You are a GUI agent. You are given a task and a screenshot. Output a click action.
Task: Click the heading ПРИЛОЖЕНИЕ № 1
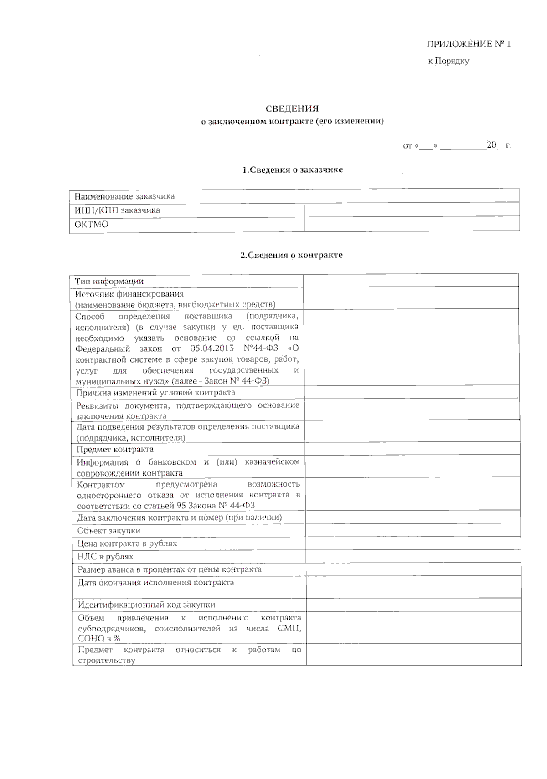click(468, 44)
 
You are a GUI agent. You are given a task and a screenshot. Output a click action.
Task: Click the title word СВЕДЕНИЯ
click(292, 108)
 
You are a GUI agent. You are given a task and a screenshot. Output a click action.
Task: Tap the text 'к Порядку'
click(448, 61)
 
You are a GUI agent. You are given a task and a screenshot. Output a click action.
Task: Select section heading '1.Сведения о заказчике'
click(292, 170)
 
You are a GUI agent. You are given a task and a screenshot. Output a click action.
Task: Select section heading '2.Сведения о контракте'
click(291, 255)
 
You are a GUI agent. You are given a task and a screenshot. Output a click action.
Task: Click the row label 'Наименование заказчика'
click(124, 196)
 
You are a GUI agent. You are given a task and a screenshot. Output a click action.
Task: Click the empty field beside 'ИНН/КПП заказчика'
click(411, 210)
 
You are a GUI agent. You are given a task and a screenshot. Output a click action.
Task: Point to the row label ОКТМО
click(92, 225)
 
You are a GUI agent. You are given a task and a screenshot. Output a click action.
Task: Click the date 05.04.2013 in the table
click(212, 348)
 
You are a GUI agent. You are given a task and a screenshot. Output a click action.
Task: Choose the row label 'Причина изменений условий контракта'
click(155, 392)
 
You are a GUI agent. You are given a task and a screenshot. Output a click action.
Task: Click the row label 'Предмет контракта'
click(115, 449)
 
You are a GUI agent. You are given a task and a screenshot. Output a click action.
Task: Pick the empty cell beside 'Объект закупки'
click(413, 530)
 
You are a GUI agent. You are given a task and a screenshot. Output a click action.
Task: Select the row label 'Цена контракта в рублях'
click(127, 543)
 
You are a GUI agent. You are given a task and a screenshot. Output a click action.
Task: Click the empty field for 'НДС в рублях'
click(413, 556)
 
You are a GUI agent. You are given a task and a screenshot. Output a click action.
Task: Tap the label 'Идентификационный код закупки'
click(146, 605)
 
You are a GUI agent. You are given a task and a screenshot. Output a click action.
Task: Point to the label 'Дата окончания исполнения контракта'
click(155, 582)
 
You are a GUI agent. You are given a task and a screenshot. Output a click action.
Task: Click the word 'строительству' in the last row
click(106, 660)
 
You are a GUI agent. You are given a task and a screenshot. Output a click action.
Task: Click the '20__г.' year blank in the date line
click(499, 146)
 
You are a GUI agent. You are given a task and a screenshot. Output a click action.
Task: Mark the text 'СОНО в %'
click(99, 639)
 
